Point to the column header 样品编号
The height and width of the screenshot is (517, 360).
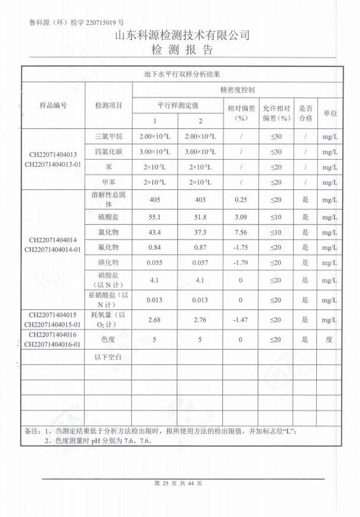[x=53, y=105]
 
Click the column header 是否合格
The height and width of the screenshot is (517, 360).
[x=306, y=113]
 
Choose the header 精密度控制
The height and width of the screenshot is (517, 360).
[x=238, y=89]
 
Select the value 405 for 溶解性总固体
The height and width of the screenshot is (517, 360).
[x=155, y=199]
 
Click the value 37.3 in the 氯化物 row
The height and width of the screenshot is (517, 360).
[x=201, y=232]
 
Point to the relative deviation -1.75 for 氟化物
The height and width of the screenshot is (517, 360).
[x=242, y=247]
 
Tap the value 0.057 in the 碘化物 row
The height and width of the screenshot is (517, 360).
[x=201, y=262]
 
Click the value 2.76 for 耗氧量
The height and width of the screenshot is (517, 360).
[x=201, y=319]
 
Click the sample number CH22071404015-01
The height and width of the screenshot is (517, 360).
[x=53, y=325]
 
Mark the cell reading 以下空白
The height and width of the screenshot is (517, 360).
[x=109, y=357]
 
